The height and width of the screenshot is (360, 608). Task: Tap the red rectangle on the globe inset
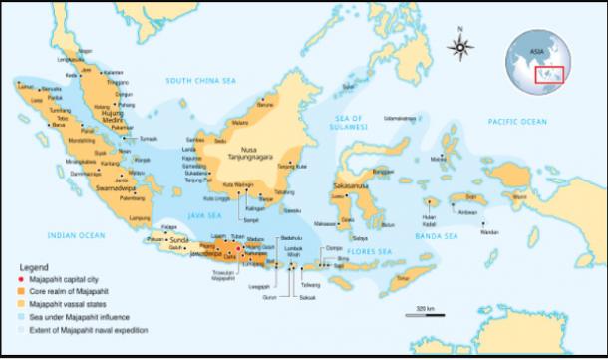tap(549, 74)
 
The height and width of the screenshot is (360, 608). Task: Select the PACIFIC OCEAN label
tap(517, 121)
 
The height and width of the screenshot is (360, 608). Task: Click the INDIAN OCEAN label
tap(77, 235)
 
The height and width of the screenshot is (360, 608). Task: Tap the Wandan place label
tap(488, 231)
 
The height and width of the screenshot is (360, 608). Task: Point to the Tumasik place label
tap(148, 139)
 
